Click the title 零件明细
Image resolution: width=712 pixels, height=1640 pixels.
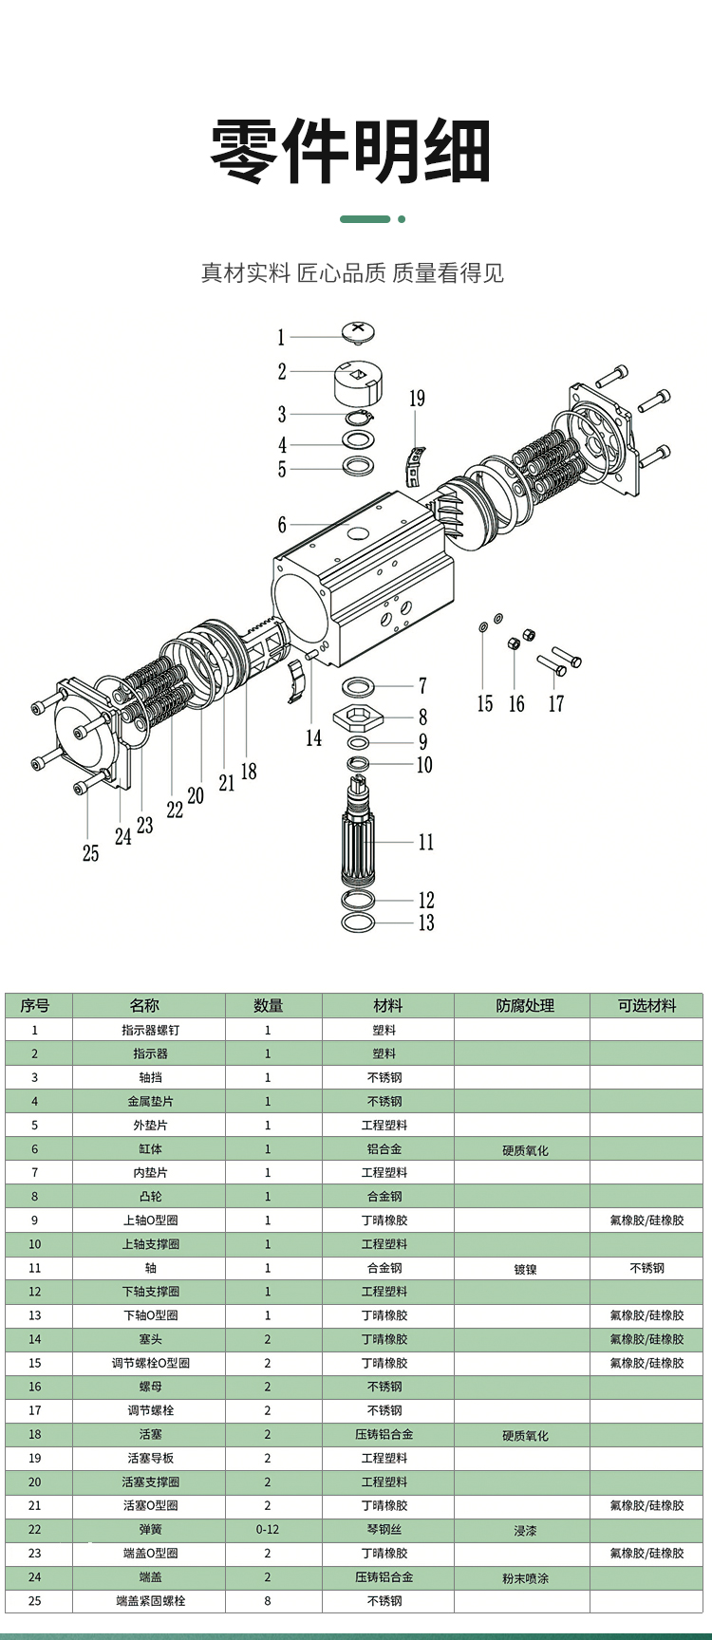[350, 152]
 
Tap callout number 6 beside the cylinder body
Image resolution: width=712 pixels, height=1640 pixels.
[282, 525]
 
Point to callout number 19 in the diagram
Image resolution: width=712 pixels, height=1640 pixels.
[417, 399]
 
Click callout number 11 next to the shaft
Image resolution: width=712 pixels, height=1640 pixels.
[426, 842]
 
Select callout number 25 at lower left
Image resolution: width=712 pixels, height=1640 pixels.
[90, 853]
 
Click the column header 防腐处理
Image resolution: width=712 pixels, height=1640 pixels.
[524, 1005]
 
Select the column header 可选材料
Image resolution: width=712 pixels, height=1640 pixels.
[646, 1005]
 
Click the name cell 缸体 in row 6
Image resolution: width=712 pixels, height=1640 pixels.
[150, 1148]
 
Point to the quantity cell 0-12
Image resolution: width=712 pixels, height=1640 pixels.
[268, 1529]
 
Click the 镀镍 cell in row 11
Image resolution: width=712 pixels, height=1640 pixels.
[525, 1269]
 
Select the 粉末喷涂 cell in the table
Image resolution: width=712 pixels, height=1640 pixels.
[525, 1577]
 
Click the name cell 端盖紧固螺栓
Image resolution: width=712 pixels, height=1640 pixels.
[150, 1600]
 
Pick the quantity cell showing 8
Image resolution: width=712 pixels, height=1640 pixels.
[268, 1600]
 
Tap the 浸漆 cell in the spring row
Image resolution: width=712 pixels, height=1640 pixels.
[525, 1530]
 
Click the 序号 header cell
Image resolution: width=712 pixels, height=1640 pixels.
[35, 1005]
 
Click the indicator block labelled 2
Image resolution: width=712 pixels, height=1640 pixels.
[356, 382]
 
